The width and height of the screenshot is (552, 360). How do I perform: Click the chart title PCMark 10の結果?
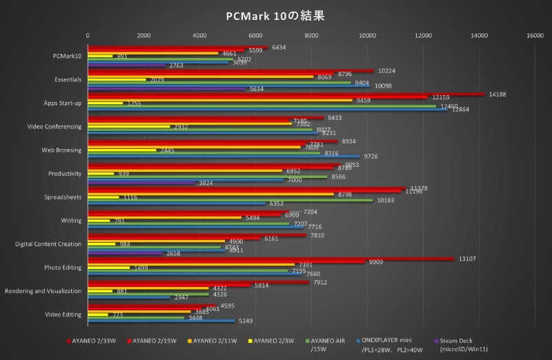[x=275, y=14]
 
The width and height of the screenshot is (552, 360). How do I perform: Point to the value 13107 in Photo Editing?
[x=467, y=259]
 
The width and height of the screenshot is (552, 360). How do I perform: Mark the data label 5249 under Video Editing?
[x=247, y=321]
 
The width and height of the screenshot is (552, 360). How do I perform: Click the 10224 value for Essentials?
[x=386, y=70]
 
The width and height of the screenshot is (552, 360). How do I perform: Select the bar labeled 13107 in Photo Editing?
[x=269, y=259]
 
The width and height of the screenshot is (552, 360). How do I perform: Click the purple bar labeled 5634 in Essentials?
[x=166, y=89]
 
